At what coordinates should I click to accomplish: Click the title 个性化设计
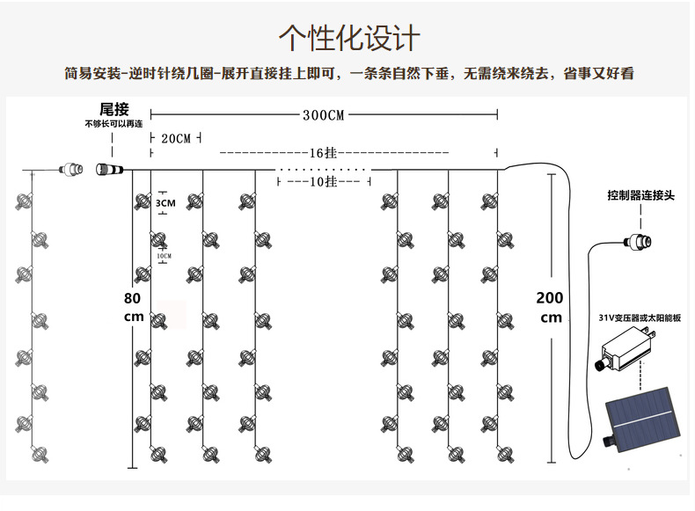coord(349,38)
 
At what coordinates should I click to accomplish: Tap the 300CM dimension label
coord(323,115)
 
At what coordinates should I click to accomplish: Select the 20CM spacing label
coord(176,139)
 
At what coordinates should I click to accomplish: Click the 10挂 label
coord(324,181)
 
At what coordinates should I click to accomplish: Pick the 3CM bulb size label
coord(165,203)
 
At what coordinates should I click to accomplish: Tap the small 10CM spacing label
coord(165,256)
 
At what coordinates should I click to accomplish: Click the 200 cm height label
coord(550,308)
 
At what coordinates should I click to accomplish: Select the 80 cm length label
coord(133,307)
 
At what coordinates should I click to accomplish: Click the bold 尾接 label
coord(113,109)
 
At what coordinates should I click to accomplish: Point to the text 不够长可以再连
coord(113,125)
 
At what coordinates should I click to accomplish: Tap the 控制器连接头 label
coord(640,195)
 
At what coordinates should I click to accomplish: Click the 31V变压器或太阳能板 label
coord(640,318)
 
